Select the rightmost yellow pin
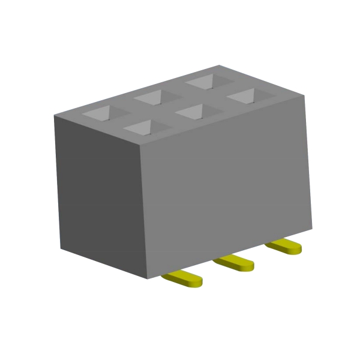click(x=284, y=246)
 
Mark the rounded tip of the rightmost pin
click(x=298, y=248)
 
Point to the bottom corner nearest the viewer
click(x=149, y=278)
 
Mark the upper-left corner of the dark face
click(x=54, y=116)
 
